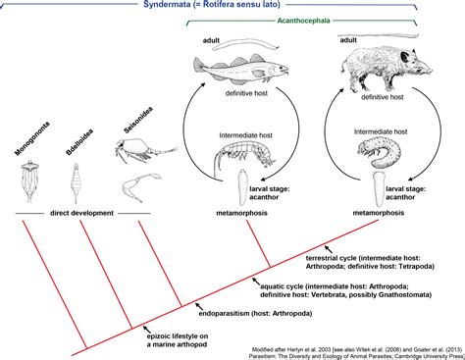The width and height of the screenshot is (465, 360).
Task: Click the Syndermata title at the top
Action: click(232, 7)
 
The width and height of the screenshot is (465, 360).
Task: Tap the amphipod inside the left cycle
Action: click(237, 153)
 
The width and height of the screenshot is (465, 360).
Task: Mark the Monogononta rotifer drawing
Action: click(28, 180)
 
